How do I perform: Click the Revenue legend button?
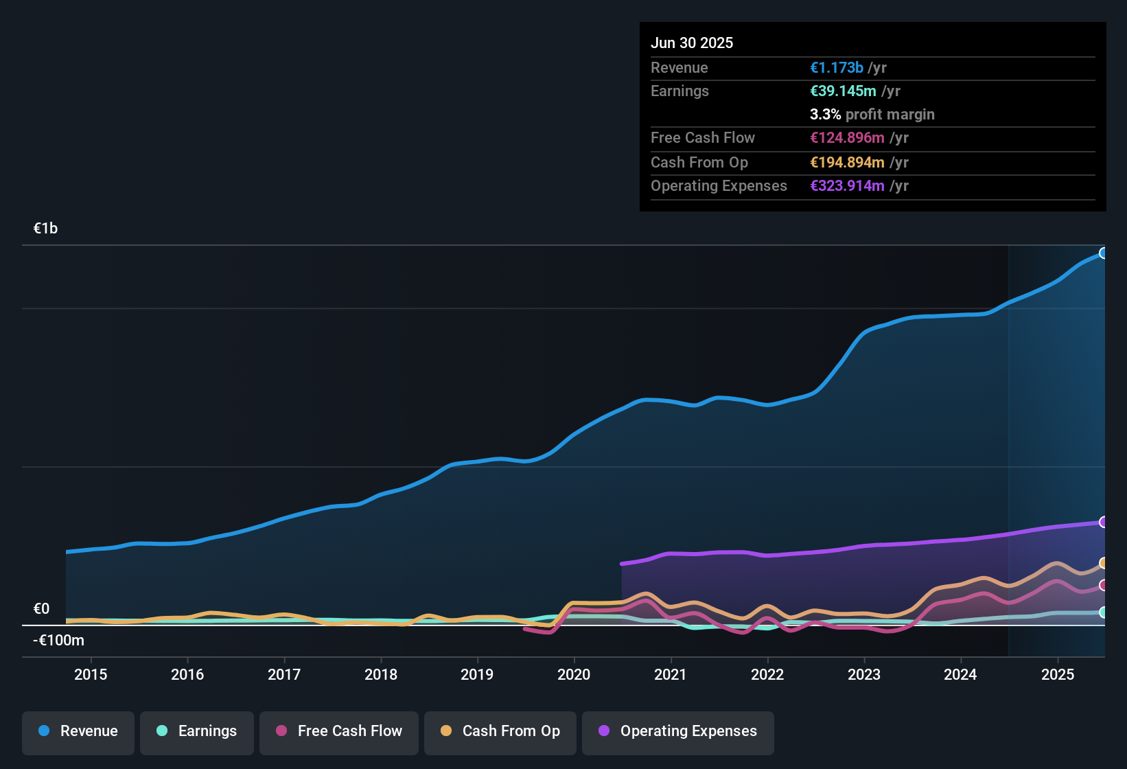point(78,731)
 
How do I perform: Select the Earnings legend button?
point(197,731)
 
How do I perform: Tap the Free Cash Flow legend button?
point(339,731)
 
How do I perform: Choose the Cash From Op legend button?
point(500,731)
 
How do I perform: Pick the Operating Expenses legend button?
point(678,731)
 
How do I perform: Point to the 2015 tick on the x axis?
point(91,674)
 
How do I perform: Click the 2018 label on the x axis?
point(381,674)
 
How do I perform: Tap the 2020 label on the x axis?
point(574,674)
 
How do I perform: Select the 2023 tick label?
point(864,674)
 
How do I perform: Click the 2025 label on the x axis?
point(1058,674)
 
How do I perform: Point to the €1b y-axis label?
point(46,229)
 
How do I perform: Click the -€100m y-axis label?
point(59,641)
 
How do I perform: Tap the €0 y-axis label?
point(42,609)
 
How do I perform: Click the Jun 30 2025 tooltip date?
point(692,43)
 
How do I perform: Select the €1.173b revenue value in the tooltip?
point(837,68)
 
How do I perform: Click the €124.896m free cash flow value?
point(848,138)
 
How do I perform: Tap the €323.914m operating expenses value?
point(848,186)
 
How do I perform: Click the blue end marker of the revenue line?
point(1103,253)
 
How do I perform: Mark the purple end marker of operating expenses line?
point(1103,522)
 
